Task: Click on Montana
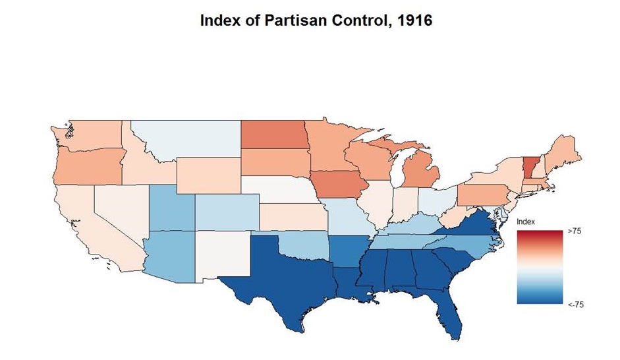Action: (x=188, y=140)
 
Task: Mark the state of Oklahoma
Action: (x=306, y=247)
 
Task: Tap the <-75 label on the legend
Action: (x=576, y=305)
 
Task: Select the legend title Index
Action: (x=525, y=222)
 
